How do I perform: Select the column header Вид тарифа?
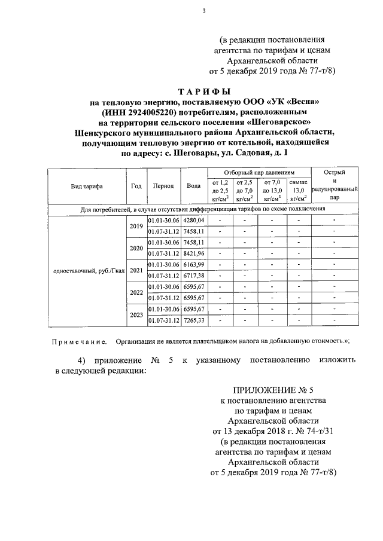point(86,186)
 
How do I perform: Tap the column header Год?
point(135,186)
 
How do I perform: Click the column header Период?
point(163,186)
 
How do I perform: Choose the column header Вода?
point(193,186)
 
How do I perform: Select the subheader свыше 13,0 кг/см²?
point(297,189)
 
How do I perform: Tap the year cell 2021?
point(135,271)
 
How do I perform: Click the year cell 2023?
point(135,314)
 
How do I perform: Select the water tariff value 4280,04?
point(193,221)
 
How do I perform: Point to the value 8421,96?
point(193,253)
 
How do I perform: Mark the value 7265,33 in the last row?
point(193,320)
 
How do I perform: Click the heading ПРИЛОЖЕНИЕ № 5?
point(273,389)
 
